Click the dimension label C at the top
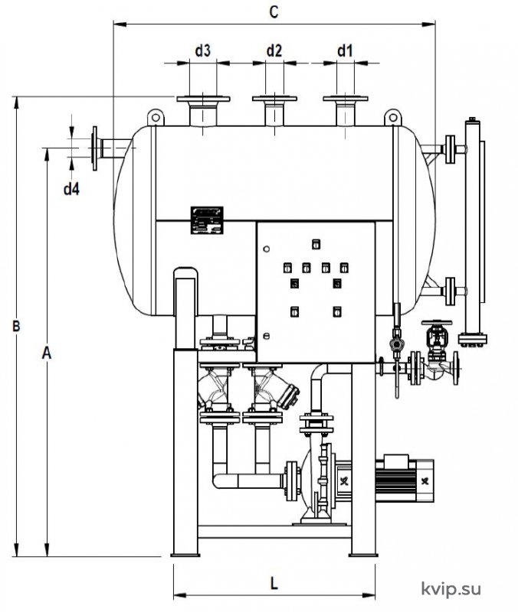274,11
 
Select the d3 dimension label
202,50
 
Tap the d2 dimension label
274,50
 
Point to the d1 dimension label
345,50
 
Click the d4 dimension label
71,189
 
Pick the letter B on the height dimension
16,326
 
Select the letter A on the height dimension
47,353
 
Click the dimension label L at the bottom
274,584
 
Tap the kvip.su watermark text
451,589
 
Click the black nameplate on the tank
207,220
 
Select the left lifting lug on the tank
156,117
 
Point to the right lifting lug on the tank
393,117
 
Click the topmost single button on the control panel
316,244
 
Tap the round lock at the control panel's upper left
266,249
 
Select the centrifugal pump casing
316,480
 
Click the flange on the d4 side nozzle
94,148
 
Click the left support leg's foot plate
185,555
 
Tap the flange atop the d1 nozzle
345,99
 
